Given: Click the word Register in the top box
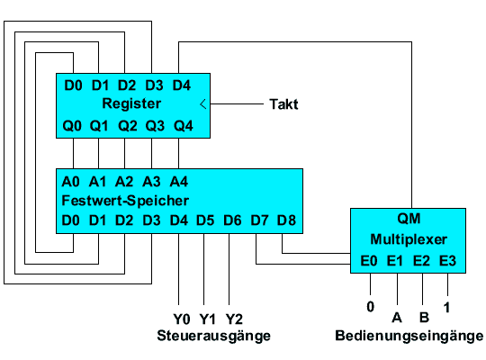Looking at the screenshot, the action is pos(131,103).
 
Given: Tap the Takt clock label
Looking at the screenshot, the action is pos(283,104).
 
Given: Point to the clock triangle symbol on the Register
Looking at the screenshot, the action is pos(203,103).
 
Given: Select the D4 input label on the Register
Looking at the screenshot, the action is pos(182,85).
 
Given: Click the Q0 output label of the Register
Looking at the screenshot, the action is pos(72,126).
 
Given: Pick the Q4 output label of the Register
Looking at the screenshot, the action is pos(184,126).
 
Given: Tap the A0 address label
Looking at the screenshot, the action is pos(71,182).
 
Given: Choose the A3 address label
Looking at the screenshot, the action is pos(151,182).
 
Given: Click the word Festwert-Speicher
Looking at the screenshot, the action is pos(125,201).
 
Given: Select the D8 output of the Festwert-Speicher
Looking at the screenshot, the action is pos(287,220).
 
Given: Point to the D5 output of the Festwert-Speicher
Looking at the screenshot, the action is pos(205,220).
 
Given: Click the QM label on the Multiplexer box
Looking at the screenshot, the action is pos(409,219).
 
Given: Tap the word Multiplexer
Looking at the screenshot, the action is pos(409,239).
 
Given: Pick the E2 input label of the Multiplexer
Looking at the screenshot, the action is pos(421,261).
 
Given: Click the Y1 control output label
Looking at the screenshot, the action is pos(207,319).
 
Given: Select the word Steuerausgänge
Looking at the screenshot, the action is pos(214,336).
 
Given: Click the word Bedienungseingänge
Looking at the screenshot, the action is pos(409,336).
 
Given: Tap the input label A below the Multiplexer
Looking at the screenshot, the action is pos(397,318).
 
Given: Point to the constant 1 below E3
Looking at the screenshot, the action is pos(446,308).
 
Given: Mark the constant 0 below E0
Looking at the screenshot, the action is pos(371,307).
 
